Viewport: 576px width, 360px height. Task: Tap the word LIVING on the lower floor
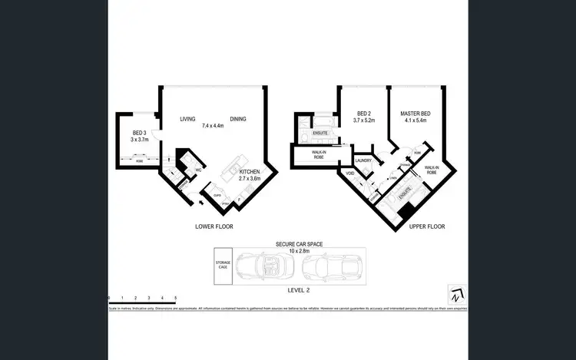pyautogui.click(x=188, y=119)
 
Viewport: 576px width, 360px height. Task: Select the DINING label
pyautogui.click(x=238, y=119)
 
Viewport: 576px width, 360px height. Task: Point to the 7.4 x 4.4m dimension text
pyautogui.click(x=213, y=126)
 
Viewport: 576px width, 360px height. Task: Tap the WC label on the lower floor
pyautogui.click(x=197, y=170)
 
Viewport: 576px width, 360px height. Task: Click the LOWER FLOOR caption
pyautogui.click(x=215, y=227)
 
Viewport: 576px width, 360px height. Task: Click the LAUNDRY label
pyautogui.click(x=363, y=160)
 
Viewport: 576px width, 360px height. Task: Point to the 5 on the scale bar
pyautogui.click(x=176, y=296)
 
